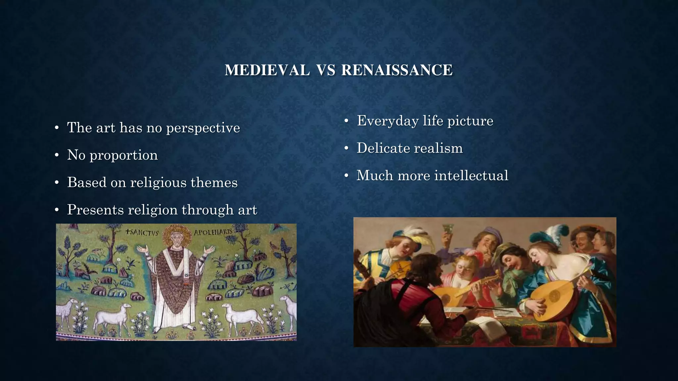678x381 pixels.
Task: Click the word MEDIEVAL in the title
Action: (267, 70)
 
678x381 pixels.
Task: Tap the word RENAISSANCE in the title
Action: (397, 70)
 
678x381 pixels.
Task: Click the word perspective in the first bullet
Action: (203, 128)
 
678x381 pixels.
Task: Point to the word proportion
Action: (123, 155)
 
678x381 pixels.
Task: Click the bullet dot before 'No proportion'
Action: (57, 155)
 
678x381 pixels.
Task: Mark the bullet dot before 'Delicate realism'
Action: (346, 148)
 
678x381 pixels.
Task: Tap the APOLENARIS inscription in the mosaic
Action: (213, 232)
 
